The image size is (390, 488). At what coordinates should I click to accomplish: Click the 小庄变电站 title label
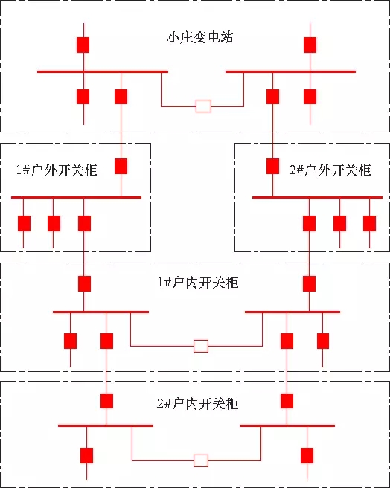(200, 37)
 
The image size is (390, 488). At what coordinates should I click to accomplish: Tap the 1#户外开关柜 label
(57, 170)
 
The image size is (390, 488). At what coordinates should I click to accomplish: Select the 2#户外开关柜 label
(330, 170)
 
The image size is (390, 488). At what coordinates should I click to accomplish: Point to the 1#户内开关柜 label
(198, 282)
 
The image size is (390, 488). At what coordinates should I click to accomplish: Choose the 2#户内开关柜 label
(198, 404)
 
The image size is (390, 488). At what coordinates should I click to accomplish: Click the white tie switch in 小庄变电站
(203, 106)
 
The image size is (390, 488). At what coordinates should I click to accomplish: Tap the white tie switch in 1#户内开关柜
(201, 346)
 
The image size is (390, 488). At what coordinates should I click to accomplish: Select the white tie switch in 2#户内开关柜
(201, 460)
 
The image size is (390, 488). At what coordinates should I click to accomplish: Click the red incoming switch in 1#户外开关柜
(121, 166)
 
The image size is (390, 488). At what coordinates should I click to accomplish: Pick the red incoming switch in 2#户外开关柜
(272, 166)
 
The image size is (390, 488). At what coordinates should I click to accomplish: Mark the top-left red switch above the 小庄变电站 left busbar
(83, 45)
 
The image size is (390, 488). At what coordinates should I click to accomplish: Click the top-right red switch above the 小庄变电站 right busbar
(310, 45)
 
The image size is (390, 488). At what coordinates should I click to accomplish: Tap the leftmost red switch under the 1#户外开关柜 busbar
(24, 223)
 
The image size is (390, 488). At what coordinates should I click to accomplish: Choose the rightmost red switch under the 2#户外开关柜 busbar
(369, 223)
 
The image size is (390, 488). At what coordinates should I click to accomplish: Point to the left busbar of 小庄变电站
(103, 71)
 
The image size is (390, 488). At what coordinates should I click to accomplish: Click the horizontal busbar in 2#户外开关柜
(317, 197)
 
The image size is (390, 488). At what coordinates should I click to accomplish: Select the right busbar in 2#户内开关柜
(287, 426)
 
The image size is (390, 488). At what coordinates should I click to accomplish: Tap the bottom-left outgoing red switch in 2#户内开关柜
(86, 455)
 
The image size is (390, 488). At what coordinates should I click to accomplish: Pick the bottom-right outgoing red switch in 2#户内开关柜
(307, 455)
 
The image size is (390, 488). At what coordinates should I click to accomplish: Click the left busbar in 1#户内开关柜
(100, 312)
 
